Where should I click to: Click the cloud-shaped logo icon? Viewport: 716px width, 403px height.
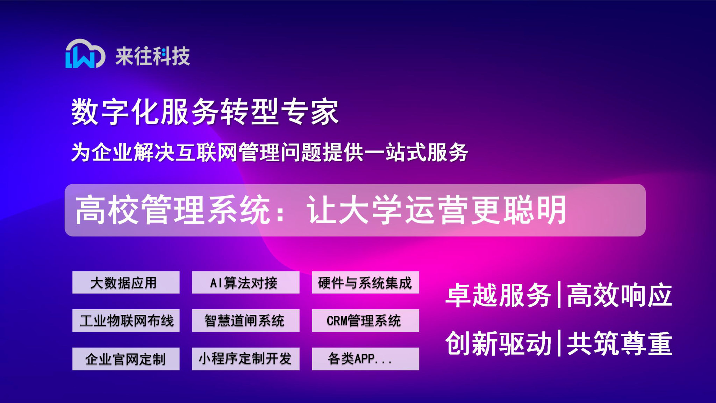pos(85,54)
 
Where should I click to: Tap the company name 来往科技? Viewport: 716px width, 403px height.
pos(153,56)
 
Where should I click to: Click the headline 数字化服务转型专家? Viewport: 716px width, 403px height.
pos(205,112)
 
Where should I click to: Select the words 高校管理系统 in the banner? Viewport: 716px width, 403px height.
pos(173,210)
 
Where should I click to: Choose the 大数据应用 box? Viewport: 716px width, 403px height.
pos(126,282)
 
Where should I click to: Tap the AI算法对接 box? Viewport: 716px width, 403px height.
pos(245,282)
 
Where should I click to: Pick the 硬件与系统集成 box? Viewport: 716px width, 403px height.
pos(365,282)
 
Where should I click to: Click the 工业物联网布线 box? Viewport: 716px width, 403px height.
pos(126,320)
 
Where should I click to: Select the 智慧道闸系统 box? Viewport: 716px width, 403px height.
pos(245,320)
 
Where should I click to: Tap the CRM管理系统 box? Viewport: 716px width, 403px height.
pos(365,320)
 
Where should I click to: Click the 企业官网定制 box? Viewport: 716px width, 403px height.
pos(126,359)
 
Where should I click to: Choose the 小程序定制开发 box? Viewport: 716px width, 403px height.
pos(245,359)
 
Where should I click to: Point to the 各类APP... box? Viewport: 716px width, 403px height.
pos(365,359)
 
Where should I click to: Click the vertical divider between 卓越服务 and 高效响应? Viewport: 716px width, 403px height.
pos(559,295)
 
